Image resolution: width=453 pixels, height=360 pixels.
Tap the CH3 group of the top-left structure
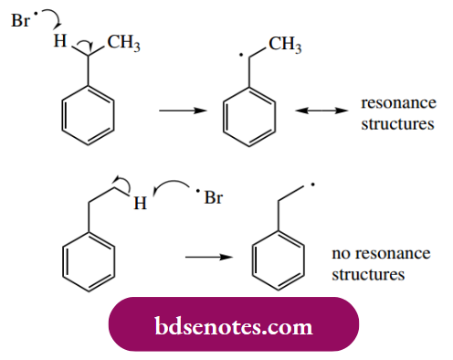124,42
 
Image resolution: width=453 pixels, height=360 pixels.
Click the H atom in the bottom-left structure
140,204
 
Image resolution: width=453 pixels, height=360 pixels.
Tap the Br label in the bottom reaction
213,197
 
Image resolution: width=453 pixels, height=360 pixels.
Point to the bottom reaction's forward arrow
205,257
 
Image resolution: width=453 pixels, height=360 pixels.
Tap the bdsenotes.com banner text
233,325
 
